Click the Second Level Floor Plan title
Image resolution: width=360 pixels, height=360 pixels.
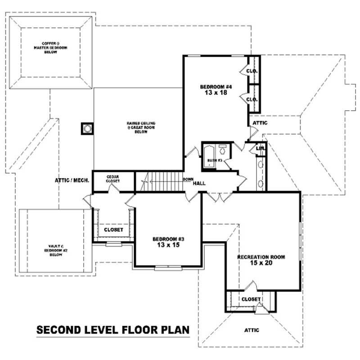[x=113, y=330]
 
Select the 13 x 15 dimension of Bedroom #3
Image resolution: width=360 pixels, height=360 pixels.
[x=168, y=246]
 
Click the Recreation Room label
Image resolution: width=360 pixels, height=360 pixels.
[x=261, y=257]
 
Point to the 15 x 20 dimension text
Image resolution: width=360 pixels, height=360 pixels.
[x=261, y=263]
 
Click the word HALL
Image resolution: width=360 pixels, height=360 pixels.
[x=199, y=184]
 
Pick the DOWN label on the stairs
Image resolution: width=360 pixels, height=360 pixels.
[x=188, y=179]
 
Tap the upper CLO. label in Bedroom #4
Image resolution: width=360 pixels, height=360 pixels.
[x=252, y=71]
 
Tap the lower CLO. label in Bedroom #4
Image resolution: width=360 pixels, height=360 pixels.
[x=252, y=99]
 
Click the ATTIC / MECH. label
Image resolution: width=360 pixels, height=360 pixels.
[x=72, y=180]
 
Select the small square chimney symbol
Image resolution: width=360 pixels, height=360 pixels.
[x=87, y=129]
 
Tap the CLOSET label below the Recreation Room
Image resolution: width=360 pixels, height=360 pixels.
[x=251, y=299]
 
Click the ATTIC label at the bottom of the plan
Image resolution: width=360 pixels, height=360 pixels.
[x=252, y=330]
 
